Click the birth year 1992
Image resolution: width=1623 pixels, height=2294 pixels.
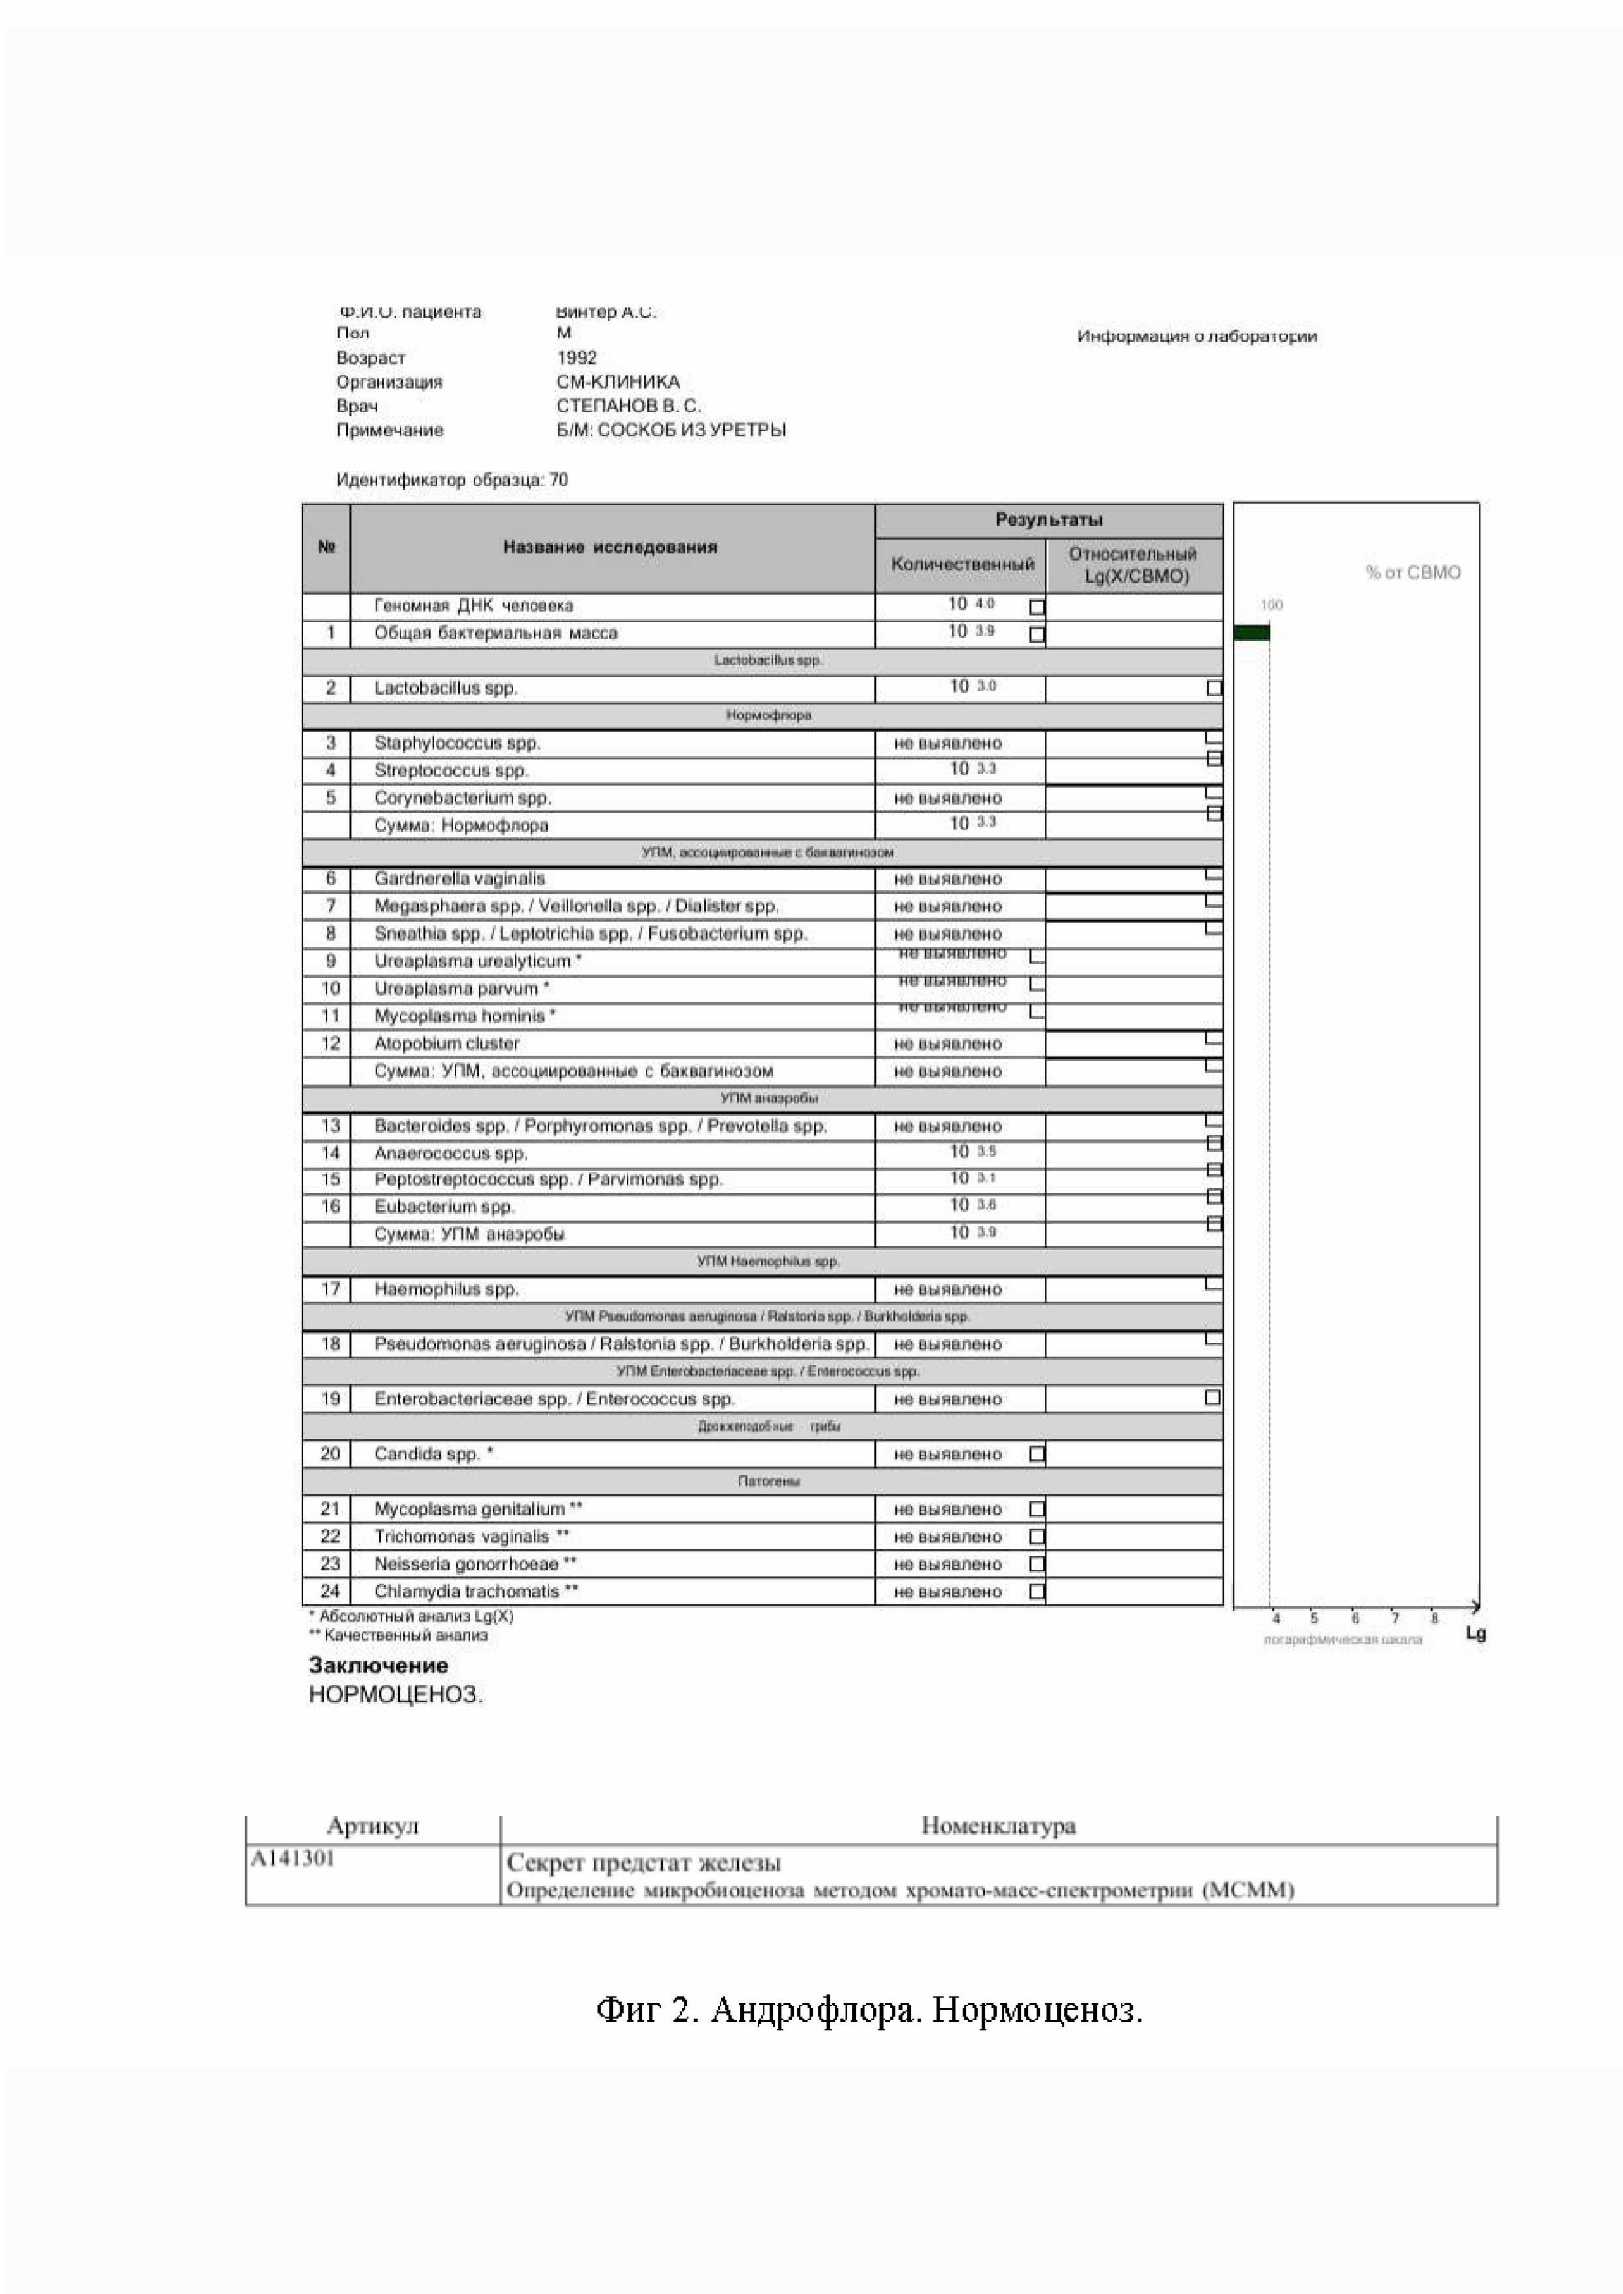(577, 358)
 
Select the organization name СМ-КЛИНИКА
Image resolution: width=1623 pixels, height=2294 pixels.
(618, 381)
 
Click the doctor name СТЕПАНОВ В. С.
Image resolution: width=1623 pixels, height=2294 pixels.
(629, 406)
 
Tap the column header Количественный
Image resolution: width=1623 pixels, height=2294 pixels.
(961, 565)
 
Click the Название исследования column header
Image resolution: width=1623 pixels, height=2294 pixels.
(610, 547)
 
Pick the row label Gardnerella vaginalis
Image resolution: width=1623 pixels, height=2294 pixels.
(459, 879)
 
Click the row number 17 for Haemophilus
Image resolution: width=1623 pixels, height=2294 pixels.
(330, 1289)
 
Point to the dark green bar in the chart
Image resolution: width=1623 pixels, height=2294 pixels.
(1251, 633)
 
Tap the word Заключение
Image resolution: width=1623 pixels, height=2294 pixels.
(378, 1665)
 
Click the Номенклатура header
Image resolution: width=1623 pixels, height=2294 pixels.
(997, 1826)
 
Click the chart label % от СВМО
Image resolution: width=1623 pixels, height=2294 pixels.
(1412, 572)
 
